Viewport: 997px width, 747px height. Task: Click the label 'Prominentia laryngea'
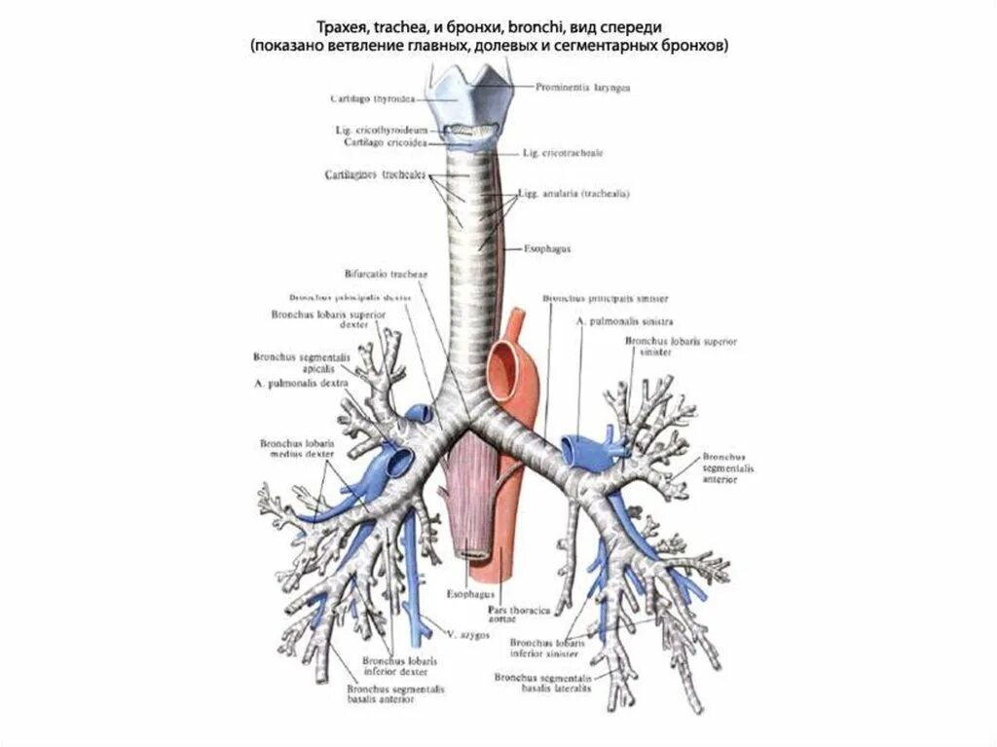point(582,88)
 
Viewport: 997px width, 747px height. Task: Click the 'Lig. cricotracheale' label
point(563,153)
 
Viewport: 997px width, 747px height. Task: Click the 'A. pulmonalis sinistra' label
point(625,320)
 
